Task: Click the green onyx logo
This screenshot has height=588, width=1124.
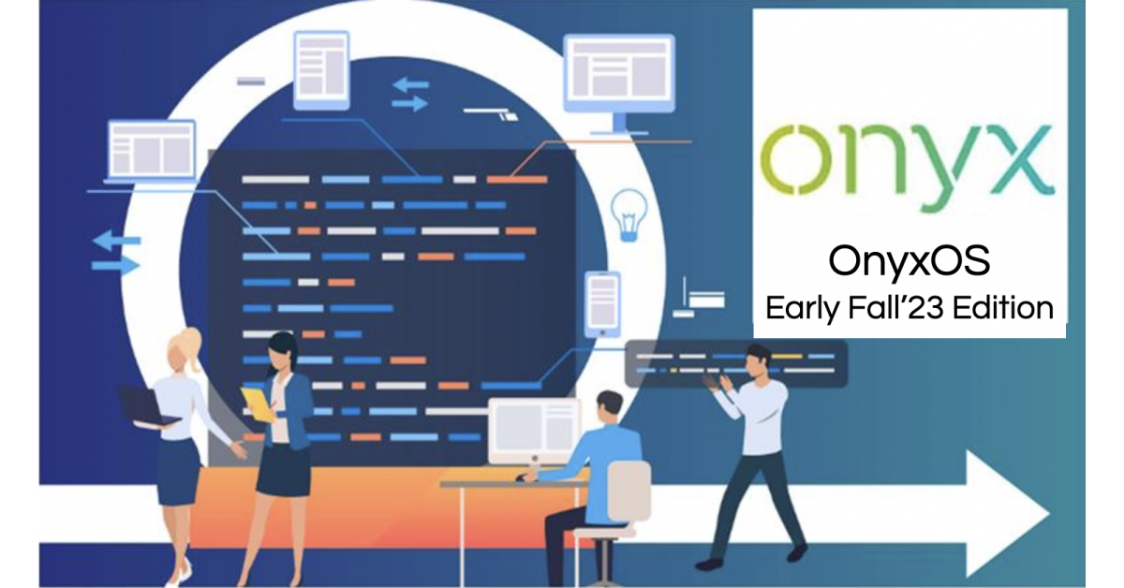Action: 908,167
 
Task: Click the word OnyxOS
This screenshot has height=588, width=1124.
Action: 909,261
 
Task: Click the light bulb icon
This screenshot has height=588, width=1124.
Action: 629,214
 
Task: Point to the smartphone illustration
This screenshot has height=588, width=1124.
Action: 602,304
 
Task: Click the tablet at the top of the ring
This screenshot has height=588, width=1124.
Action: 321,70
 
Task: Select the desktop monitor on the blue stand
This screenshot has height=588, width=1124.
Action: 619,82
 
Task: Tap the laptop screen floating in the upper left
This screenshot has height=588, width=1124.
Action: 152,151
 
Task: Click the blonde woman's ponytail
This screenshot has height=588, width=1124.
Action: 192,346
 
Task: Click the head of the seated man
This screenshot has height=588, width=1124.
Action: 610,407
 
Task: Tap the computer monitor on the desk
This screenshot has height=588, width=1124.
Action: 534,431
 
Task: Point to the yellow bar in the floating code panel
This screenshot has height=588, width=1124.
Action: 786,356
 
